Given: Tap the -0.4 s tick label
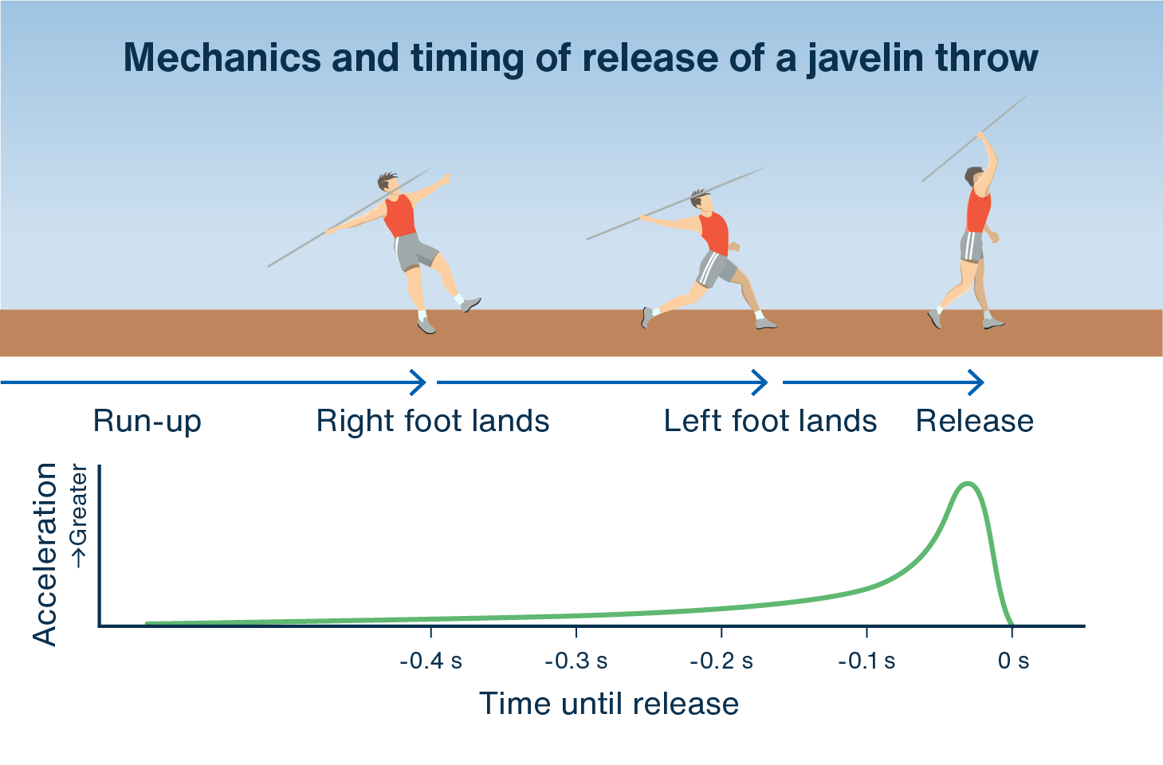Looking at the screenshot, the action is tap(431, 661).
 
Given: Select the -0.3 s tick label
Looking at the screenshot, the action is tap(576, 661).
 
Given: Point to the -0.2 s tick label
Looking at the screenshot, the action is tap(721, 661).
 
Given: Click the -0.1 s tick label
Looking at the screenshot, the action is tap(866, 661).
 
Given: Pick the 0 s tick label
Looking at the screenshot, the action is tap(1013, 661).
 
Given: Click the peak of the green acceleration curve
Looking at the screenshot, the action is tap(968, 484).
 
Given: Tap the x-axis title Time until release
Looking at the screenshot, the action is tap(608, 704).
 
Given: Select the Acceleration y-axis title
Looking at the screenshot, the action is tap(44, 555).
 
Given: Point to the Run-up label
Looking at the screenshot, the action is tap(147, 421).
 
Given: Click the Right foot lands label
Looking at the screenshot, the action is tap(433, 421).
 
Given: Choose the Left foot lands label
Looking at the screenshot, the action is tap(770, 421).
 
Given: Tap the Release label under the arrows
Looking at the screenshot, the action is tap(975, 421).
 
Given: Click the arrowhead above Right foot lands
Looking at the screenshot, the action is tap(418, 382).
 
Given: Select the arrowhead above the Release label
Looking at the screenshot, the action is tap(976, 382).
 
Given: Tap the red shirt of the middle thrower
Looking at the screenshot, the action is tap(714, 233).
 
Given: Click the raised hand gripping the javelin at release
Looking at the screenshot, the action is tap(980, 135).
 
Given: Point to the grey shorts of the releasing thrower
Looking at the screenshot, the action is tap(972, 246).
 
